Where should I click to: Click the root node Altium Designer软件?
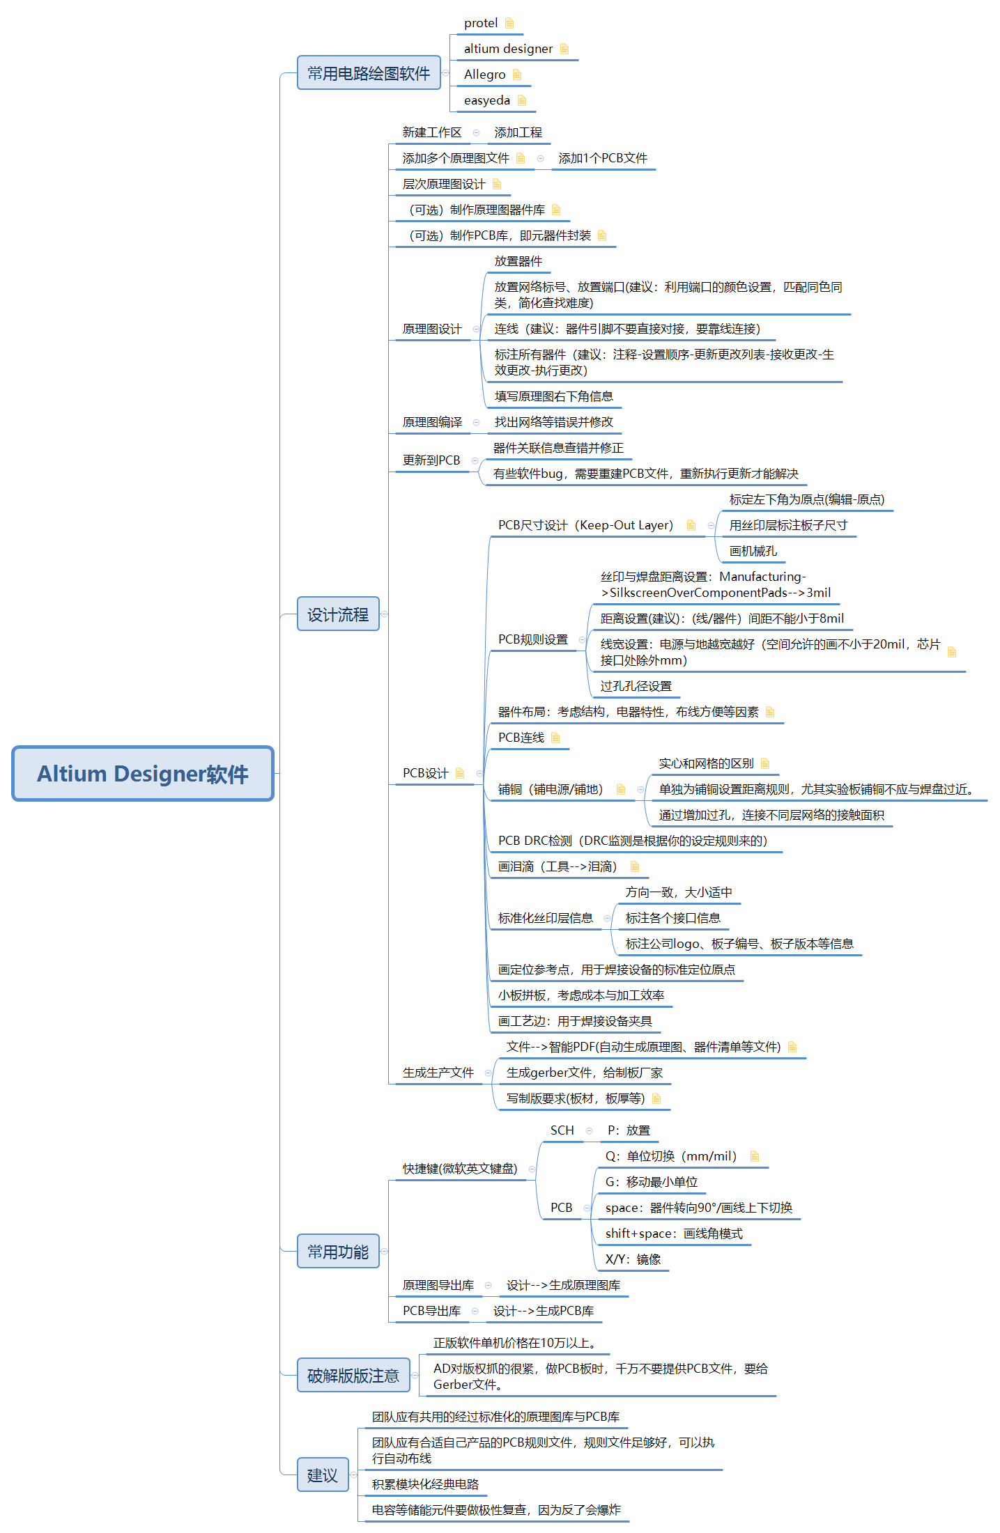pyautogui.click(x=143, y=774)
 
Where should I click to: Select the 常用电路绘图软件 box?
pyautogui.click(x=369, y=73)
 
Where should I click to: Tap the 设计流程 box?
pyautogui.click(x=338, y=614)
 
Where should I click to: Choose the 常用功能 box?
pyautogui.click(x=338, y=1252)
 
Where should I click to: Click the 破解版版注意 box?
pyautogui.click(x=353, y=1376)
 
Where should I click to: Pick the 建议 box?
pyautogui.click(x=323, y=1475)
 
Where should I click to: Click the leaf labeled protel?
pyautogui.click(x=481, y=23)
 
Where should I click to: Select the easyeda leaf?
pyautogui.click(x=487, y=100)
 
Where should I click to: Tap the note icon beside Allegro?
pyautogui.click(x=517, y=75)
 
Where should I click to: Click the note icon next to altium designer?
pyautogui.click(x=564, y=49)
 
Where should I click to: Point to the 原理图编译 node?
pyautogui.click(x=432, y=422)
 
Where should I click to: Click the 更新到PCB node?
pyautogui.click(x=431, y=460)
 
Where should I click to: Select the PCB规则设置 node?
pyautogui.click(x=533, y=639)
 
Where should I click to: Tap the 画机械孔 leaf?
pyautogui.click(x=753, y=551)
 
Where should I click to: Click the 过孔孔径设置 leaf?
pyautogui.click(x=636, y=686)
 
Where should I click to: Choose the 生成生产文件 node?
pyautogui.click(x=438, y=1073)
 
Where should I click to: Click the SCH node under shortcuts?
pyautogui.click(x=562, y=1130)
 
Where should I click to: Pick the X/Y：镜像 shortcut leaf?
pyautogui.click(x=633, y=1259)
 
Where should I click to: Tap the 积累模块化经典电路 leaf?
pyautogui.click(x=425, y=1484)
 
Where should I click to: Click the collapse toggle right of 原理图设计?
pyautogui.click(x=477, y=329)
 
